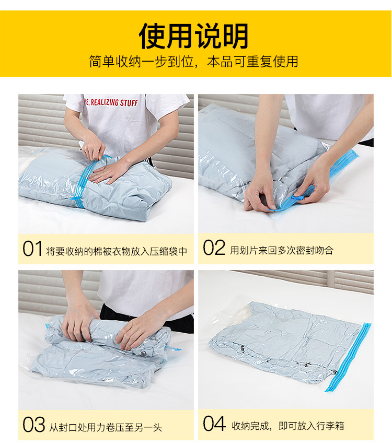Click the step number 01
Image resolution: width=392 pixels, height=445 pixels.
pyautogui.click(x=32, y=249)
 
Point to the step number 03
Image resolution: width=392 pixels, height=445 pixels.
pyautogui.click(x=33, y=425)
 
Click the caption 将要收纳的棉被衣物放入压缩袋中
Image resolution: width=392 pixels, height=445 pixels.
pyautogui.click(x=117, y=251)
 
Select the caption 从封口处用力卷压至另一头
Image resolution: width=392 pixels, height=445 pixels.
pyautogui.click(x=106, y=427)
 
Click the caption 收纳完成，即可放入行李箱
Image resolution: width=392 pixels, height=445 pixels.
pyautogui.click(x=288, y=426)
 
